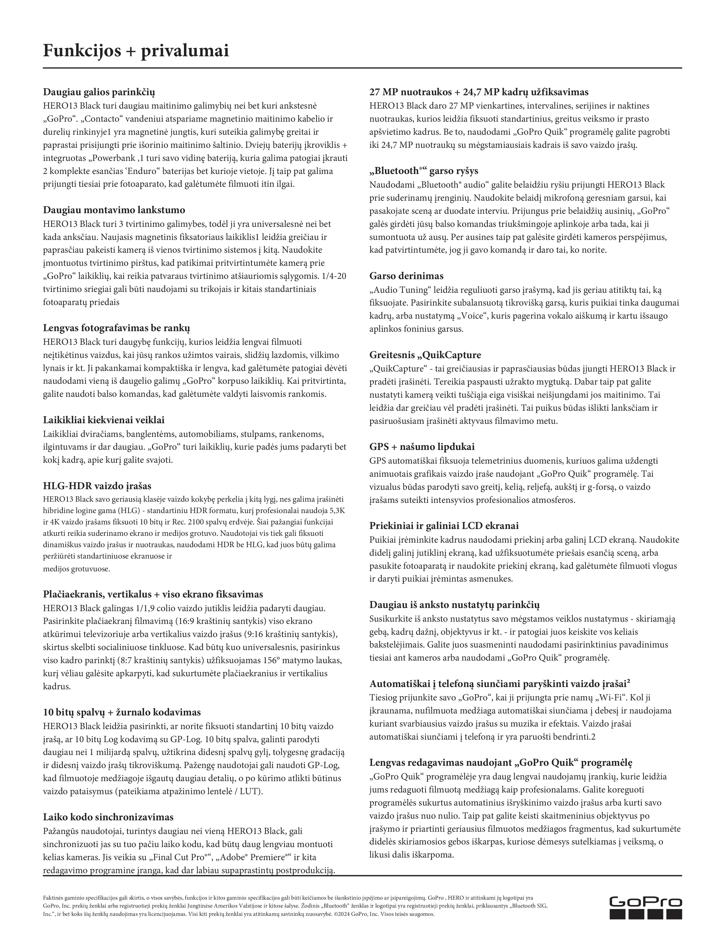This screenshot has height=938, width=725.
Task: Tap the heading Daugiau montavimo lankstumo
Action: pyautogui.click(x=114, y=210)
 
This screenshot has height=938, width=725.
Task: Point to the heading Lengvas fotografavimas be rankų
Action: pyautogui.click(x=116, y=328)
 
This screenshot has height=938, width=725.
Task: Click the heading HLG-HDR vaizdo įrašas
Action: pyautogui.click(x=97, y=486)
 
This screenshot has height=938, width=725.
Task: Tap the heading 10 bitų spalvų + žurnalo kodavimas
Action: pyautogui.click(x=122, y=712)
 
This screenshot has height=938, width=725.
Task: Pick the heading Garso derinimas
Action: pyautogui.click(x=406, y=276)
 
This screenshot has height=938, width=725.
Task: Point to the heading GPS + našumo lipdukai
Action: pyautogui.click(x=422, y=447)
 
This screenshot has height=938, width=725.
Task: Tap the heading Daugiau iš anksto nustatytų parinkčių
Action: pyautogui.click(x=454, y=605)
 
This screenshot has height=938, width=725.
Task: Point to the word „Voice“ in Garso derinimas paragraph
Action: pyautogui.click(x=473, y=316)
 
